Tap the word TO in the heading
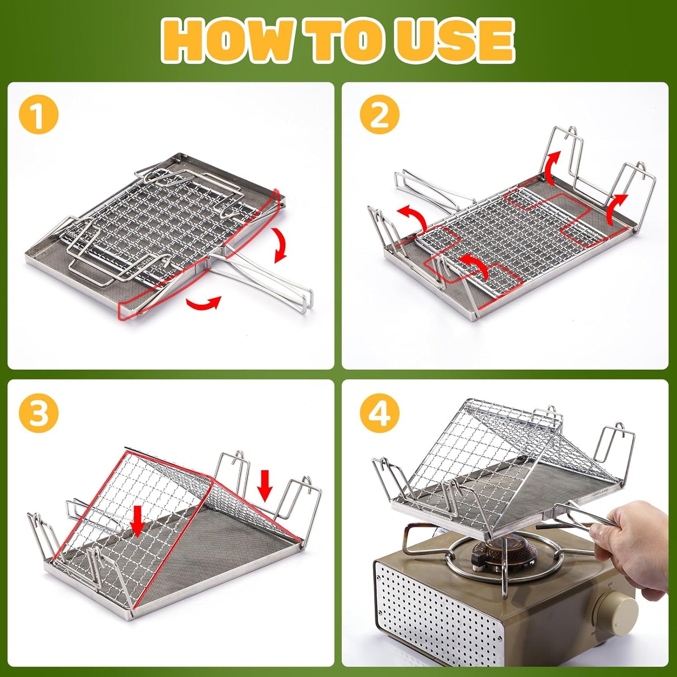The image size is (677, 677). tap(346, 41)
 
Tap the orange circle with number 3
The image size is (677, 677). tap(38, 413)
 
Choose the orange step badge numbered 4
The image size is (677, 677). tap(379, 413)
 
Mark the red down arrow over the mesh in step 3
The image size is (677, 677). tap(137, 520)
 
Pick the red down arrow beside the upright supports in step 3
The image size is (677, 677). tap(265, 484)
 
